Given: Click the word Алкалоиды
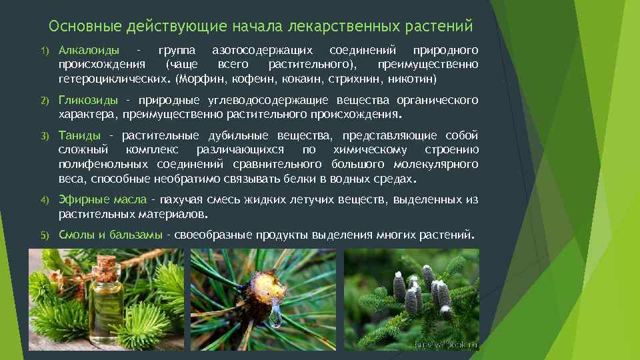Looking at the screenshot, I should [x=89, y=51].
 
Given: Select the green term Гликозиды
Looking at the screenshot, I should [x=88, y=100].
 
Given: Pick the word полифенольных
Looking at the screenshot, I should [x=99, y=164].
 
